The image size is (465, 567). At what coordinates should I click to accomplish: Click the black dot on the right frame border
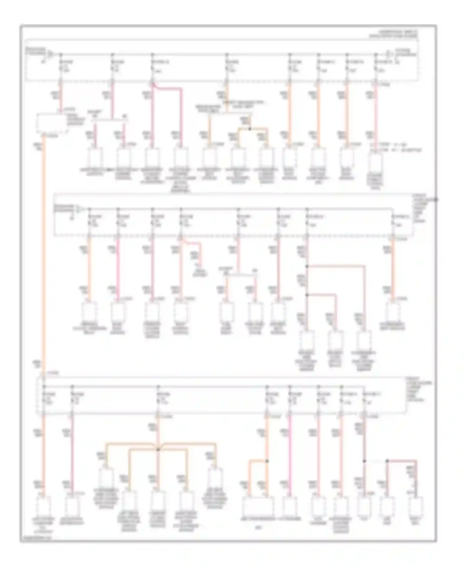click(436, 199)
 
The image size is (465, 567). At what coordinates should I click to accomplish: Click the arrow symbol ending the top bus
click(388, 55)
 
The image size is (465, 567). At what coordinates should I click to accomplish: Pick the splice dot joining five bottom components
click(158, 449)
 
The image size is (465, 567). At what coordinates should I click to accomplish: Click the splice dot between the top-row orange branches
click(250, 128)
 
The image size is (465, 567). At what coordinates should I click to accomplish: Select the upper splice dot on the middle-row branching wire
click(307, 266)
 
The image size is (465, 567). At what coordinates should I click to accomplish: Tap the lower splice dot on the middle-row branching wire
click(307, 295)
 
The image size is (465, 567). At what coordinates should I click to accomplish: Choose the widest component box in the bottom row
click(258, 507)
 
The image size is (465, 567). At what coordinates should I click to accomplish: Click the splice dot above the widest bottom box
click(267, 461)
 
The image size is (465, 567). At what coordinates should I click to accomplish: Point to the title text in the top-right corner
click(393, 33)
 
